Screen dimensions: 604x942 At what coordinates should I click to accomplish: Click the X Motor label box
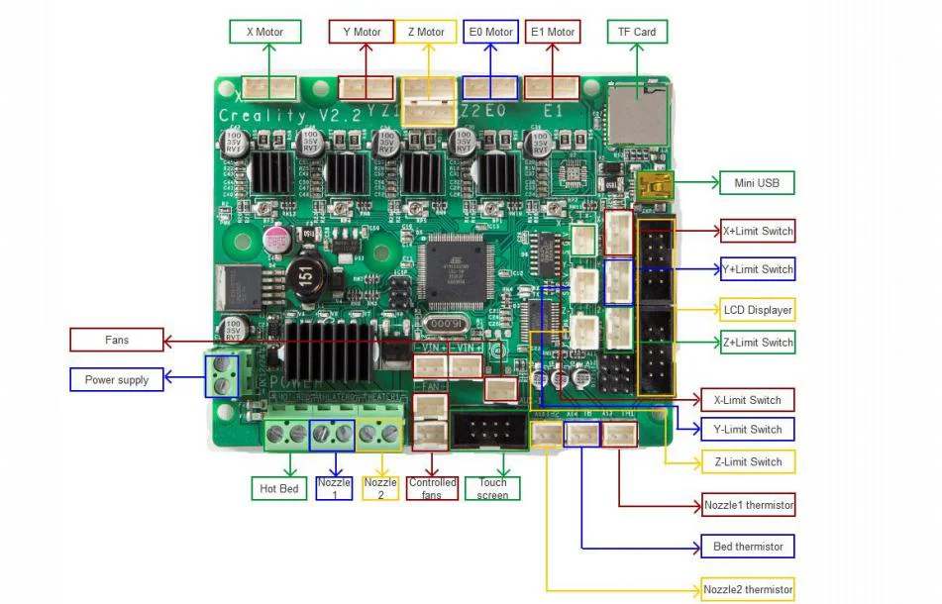pyautogui.click(x=263, y=33)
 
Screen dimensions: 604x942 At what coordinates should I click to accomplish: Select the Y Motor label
pyautogui.click(x=362, y=33)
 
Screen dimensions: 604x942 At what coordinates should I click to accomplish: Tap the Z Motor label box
pyautogui.click(x=426, y=33)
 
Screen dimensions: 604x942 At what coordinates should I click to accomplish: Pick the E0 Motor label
pyautogui.click(x=490, y=33)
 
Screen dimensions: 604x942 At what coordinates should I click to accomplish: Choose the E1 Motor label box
pyautogui.click(x=553, y=33)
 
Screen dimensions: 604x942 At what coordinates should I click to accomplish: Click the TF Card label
pyautogui.click(x=637, y=33)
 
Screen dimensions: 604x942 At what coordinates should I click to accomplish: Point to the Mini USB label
pyautogui.click(x=757, y=182)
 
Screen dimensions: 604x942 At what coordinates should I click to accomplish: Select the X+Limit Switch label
pyautogui.click(x=758, y=232)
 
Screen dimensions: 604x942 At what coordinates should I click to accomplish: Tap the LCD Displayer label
pyautogui.click(x=758, y=310)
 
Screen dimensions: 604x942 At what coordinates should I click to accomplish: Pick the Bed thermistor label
pyautogui.click(x=748, y=547)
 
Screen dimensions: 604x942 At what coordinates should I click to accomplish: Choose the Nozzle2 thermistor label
pyautogui.click(x=748, y=589)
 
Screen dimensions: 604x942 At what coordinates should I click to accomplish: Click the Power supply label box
pyautogui.click(x=117, y=380)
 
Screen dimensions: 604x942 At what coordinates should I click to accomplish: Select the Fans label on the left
pyautogui.click(x=117, y=341)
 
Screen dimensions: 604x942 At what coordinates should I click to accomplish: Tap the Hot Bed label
pyautogui.click(x=278, y=488)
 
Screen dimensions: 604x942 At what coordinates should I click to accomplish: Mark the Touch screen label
pyautogui.click(x=492, y=488)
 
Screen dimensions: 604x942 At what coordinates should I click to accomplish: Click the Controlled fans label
pyautogui.click(x=432, y=488)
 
